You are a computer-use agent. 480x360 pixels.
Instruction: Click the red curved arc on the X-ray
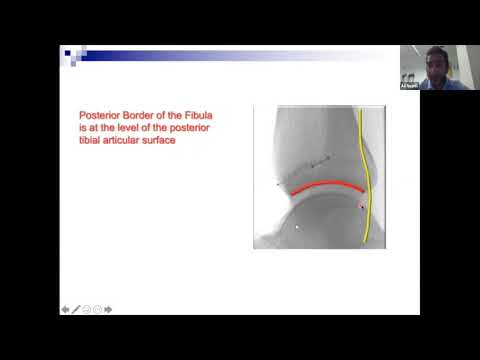point(326,185)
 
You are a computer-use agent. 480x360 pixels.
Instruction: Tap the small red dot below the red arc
point(361,206)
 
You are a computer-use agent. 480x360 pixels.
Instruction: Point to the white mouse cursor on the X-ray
point(297,227)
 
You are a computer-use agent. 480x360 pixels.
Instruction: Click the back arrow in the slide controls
point(65,310)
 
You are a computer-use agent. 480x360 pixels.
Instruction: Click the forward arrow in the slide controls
point(108,310)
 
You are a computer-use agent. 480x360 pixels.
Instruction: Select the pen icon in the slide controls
point(76,310)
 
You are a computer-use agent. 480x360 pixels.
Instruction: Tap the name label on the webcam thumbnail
point(408,87)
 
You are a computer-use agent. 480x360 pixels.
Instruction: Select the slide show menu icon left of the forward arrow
point(97,310)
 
